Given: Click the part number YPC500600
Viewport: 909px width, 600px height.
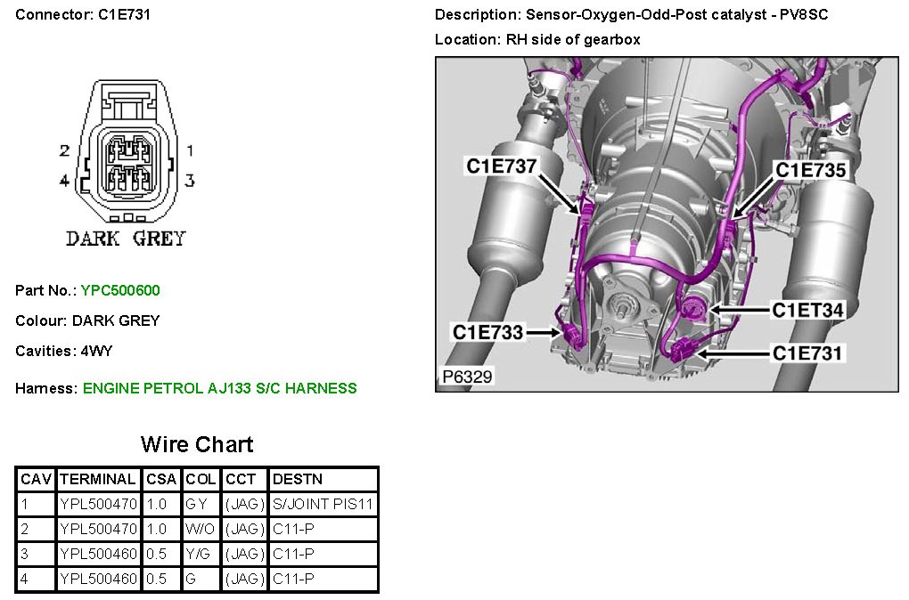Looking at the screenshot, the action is click(x=120, y=290).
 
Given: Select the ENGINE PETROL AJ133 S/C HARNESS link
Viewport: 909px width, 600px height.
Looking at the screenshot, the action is click(x=219, y=388).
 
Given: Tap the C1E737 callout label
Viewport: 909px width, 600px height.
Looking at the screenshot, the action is click(x=502, y=166).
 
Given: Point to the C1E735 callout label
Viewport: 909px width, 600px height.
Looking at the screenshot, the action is click(x=809, y=169).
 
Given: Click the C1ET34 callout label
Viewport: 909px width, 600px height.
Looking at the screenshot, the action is click(x=807, y=310).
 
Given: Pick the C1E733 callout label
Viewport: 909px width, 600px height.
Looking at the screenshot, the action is click(x=488, y=332).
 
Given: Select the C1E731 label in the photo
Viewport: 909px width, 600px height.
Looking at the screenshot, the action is click(x=807, y=353).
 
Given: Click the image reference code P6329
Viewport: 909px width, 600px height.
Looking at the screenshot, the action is click(x=467, y=377).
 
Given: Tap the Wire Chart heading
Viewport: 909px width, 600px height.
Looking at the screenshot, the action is click(x=197, y=444).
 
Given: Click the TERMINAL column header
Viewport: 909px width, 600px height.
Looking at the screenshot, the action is click(x=98, y=479).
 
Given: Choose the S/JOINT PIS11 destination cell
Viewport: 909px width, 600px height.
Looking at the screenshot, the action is click(x=323, y=504).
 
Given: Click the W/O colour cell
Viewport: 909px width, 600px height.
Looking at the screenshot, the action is click(x=201, y=529).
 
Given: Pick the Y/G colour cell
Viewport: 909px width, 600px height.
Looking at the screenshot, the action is click(x=200, y=554).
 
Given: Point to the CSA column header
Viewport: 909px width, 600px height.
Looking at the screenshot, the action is click(x=161, y=479).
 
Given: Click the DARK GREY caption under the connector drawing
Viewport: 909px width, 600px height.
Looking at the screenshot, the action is click(x=126, y=239).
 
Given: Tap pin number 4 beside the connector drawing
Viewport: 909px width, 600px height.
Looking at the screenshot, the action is click(x=64, y=181).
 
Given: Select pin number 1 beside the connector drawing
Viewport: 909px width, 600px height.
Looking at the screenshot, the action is click(x=189, y=151).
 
